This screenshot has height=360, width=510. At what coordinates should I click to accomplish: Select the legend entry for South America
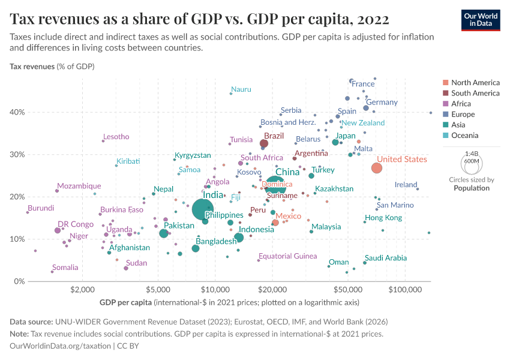click(475, 93)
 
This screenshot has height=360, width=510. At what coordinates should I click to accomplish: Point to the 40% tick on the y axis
click(17, 112)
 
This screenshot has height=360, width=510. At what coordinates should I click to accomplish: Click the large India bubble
click(203, 209)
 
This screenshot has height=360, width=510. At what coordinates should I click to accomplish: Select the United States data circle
click(377, 168)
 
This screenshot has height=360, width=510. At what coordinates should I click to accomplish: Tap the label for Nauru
click(241, 89)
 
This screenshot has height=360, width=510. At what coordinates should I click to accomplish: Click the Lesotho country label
click(116, 137)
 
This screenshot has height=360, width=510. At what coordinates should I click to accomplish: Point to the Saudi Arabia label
click(386, 258)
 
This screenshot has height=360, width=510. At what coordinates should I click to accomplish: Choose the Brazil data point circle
click(264, 143)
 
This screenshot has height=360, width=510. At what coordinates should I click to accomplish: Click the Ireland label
click(406, 185)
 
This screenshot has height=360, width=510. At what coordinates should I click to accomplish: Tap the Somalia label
click(65, 268)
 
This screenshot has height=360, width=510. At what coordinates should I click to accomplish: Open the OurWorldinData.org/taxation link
click(61, 346)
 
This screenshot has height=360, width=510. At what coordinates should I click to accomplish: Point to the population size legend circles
click(472, 163)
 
